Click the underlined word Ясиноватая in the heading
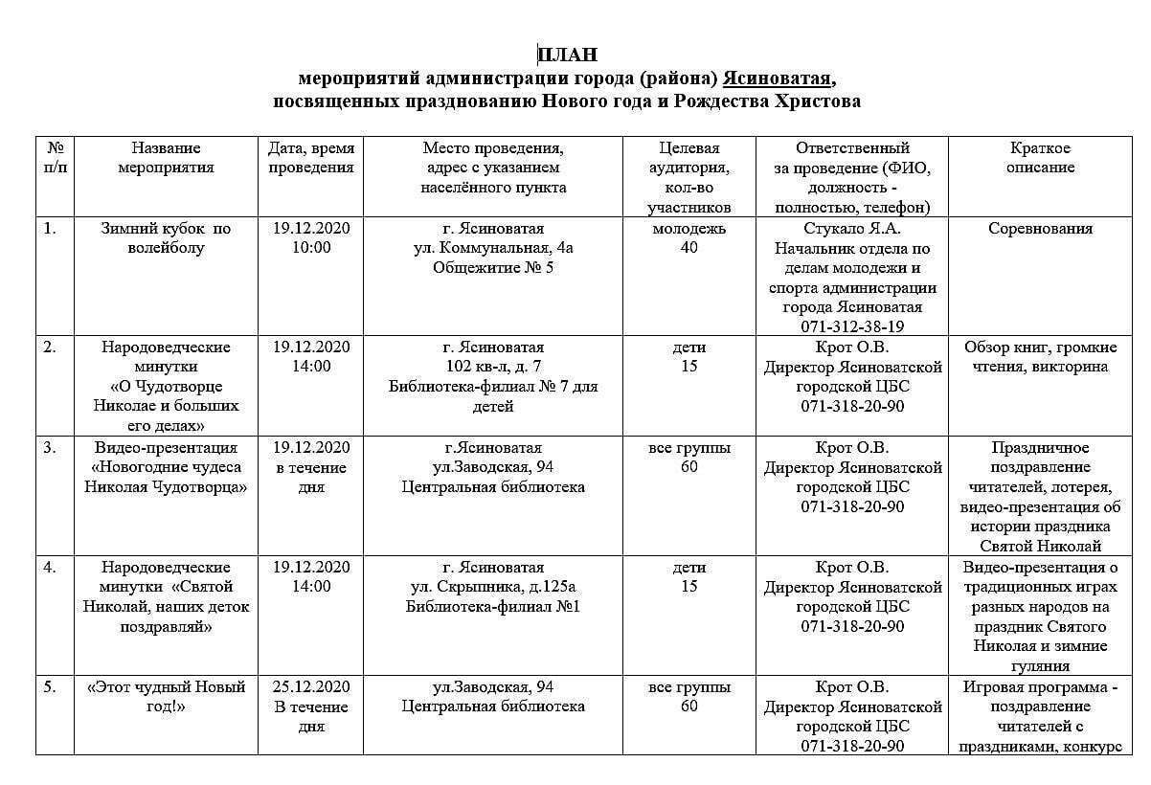[x=779, y=78]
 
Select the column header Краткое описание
[x=1040, y=158]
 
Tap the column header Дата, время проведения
[x=310, y=158]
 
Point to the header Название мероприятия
[x=166, y=158]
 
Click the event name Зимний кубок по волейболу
[x=166, y=238]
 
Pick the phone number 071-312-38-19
[x=852, y=326]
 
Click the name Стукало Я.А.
[x=852, y=229]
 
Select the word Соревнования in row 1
[x=1040, y=229]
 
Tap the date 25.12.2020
[x=310, y=687]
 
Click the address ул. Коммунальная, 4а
[x=492, y=248]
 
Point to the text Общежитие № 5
[x=492, y=268]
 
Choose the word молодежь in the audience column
[x=688, y=229]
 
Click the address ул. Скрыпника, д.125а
[x=492, y=587]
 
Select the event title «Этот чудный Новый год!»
[x=166, y=697]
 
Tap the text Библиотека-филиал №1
[x=492, y=607]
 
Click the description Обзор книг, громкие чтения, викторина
[x=1040, y=357]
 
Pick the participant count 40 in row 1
[x=688, y=248]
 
